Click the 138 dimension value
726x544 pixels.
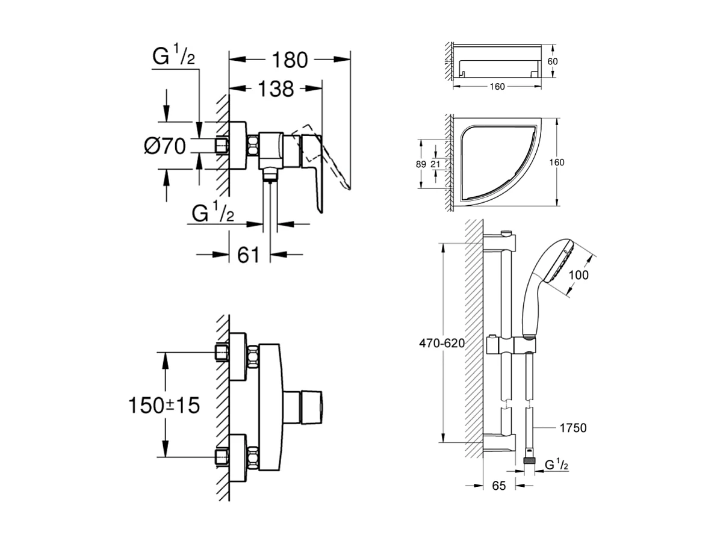pyautogui.click(x=276, y=89)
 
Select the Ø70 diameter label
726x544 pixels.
pyautogui.click(x=165, y=146)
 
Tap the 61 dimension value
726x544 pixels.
pyautogui.click(x=248, y=255)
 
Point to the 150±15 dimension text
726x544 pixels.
pyautogui.click(x=163, y=405)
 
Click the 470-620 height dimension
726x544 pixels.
pyautogui.click(x=441, y=344)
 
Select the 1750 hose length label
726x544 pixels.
pyautogui.click(x=572, y=428)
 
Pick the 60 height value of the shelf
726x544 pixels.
pyautogui.click(x=553, y=61)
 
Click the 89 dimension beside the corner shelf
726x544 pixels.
pyautogui.click(x=421, y=164)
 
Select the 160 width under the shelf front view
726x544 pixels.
pyautogui.click(x=497, y=86)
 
